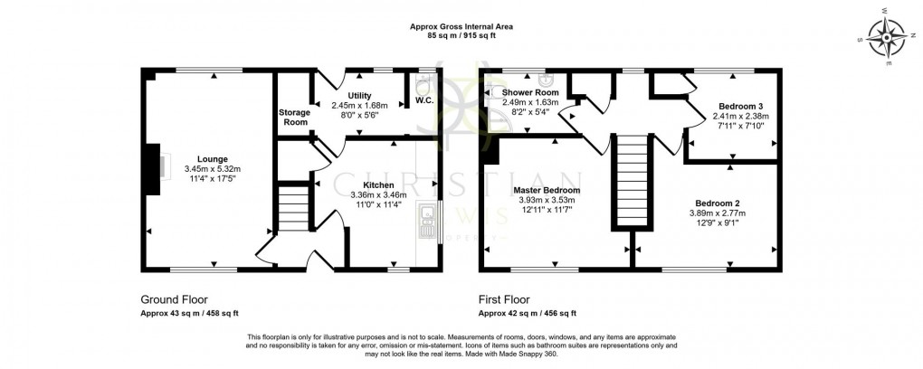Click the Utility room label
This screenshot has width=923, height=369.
click(x=359, y=95)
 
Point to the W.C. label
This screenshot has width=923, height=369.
click(x=424, y=99)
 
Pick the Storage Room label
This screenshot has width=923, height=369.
click(x=293, y=117)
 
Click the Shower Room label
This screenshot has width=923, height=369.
click(x=530, y=93)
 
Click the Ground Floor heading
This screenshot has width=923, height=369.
click(x=175, y=299)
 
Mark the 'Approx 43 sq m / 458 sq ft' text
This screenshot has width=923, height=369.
click(x=190, y=314)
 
